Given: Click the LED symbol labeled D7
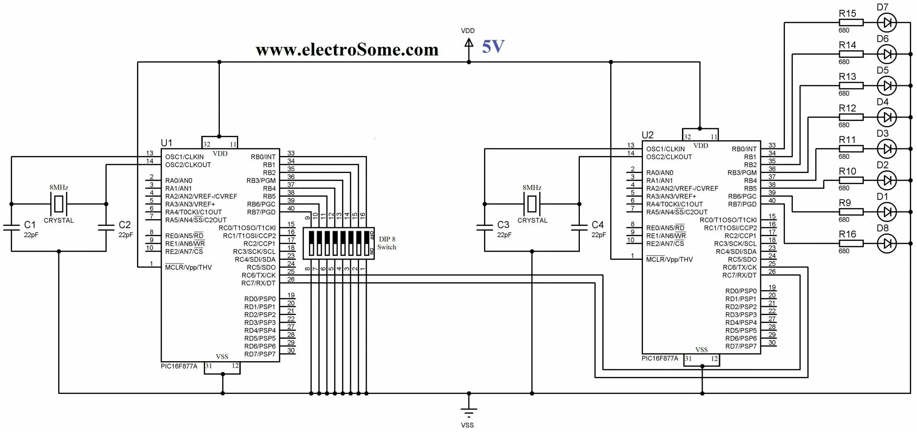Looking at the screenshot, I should (887, 22).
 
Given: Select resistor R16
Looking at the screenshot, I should (850, 243).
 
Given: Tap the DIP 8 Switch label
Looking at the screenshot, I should (387, 243).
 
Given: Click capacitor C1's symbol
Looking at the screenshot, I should (11, 227).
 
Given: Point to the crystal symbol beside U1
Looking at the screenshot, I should (59, 204).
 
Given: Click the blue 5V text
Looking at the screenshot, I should (493, 47).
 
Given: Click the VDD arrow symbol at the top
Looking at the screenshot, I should (468, 43).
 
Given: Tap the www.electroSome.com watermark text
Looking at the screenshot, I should (347, 49).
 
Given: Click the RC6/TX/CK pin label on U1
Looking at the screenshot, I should (258, 275).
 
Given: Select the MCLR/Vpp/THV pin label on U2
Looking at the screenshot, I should (669, 259).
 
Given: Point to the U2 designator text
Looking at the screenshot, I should (647, 135).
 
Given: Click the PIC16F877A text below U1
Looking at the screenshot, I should (179, 366).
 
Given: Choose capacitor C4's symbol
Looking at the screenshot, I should (579, 227).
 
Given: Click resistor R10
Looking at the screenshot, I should (850, 180).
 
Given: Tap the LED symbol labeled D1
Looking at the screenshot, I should (887, 212).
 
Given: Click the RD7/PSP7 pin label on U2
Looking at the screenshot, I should (741, 346).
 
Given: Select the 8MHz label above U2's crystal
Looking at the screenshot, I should (532, 188).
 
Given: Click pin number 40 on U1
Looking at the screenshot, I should (291, 208).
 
